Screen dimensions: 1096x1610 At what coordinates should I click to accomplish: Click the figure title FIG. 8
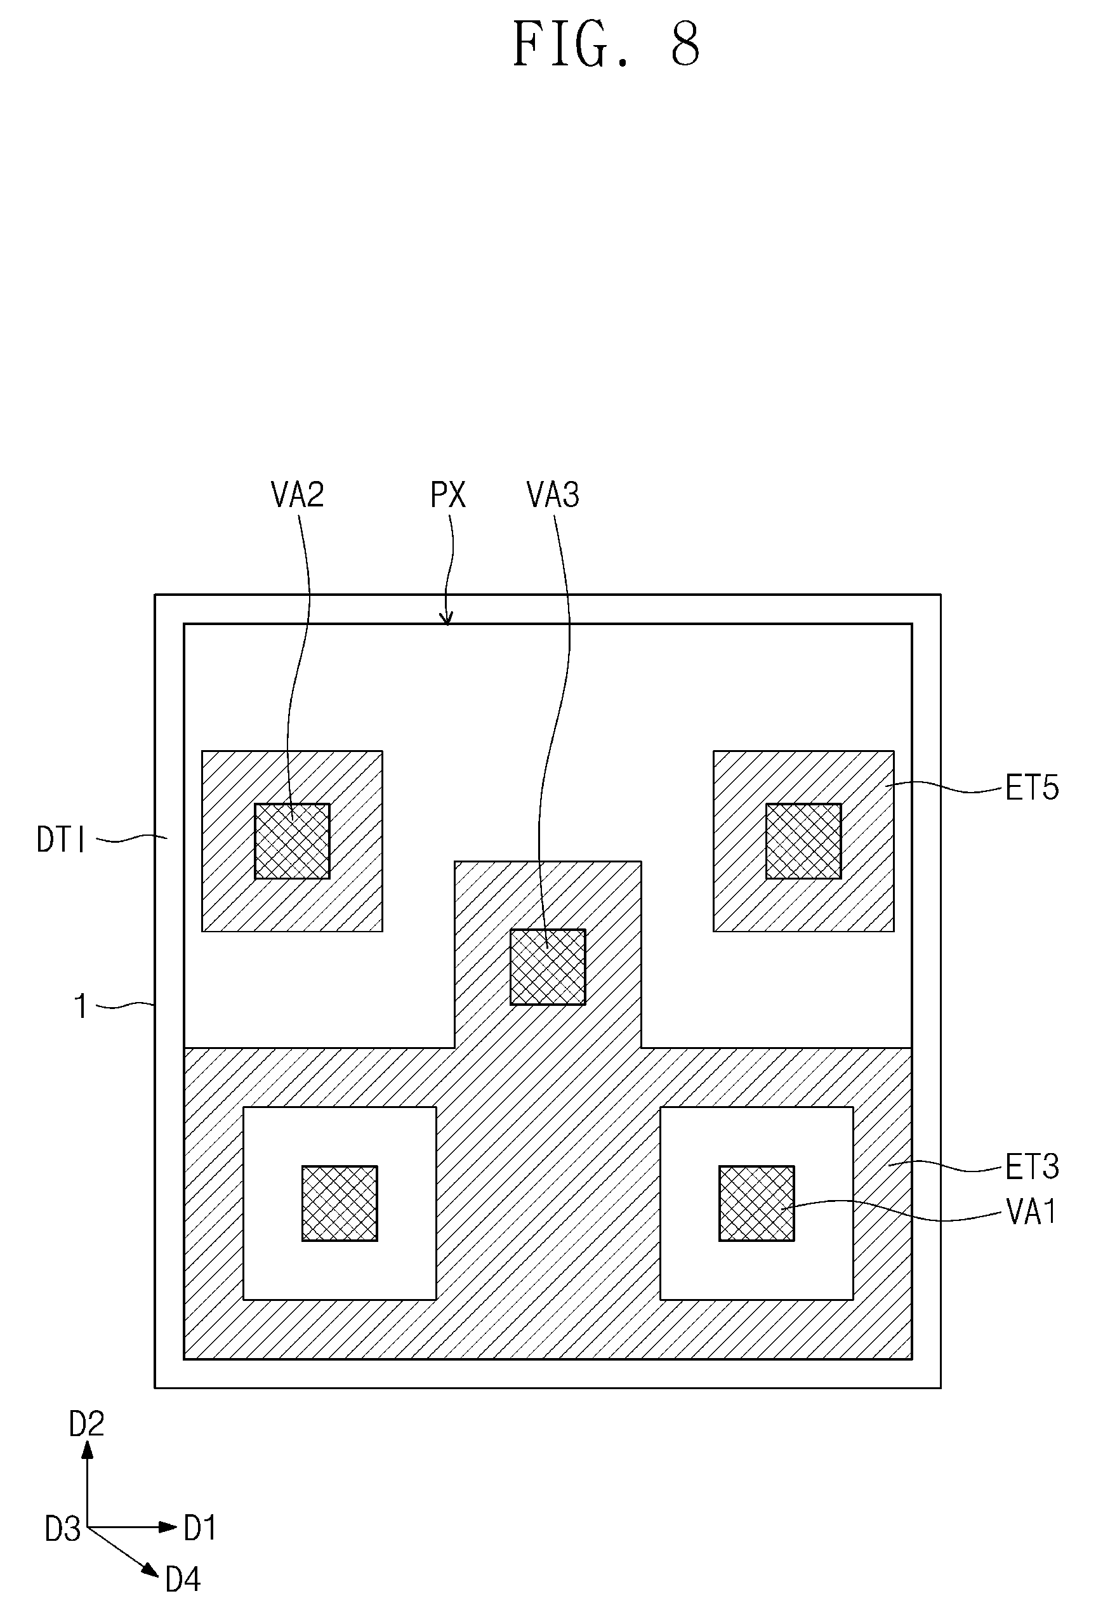(606, 44)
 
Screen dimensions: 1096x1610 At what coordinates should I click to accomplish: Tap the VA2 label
(297, 494)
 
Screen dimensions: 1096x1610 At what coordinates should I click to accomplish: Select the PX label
(448, 494)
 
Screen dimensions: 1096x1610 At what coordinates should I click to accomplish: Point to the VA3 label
(553, 494)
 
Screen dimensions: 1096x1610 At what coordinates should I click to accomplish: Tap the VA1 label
(1031, 1212)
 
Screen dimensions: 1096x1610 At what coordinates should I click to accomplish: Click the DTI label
(61, 840)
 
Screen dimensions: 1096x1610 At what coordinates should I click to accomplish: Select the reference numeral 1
(81, 1006)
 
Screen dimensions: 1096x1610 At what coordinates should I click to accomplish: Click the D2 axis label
(86, 1423)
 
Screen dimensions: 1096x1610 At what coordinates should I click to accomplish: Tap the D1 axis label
(200, 1528)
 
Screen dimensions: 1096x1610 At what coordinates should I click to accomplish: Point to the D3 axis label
(63, 1528)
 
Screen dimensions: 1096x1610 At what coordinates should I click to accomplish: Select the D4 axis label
(183, 1580)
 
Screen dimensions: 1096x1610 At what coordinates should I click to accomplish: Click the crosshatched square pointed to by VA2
(293, 841)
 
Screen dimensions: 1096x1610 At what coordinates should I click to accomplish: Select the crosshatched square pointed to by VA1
(756, 1203)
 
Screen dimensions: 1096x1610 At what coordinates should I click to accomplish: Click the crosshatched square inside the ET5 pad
(803, 841)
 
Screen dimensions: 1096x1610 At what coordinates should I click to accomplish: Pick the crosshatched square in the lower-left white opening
(340, 1203)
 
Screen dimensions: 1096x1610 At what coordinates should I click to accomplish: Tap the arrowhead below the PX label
(447, 617)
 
